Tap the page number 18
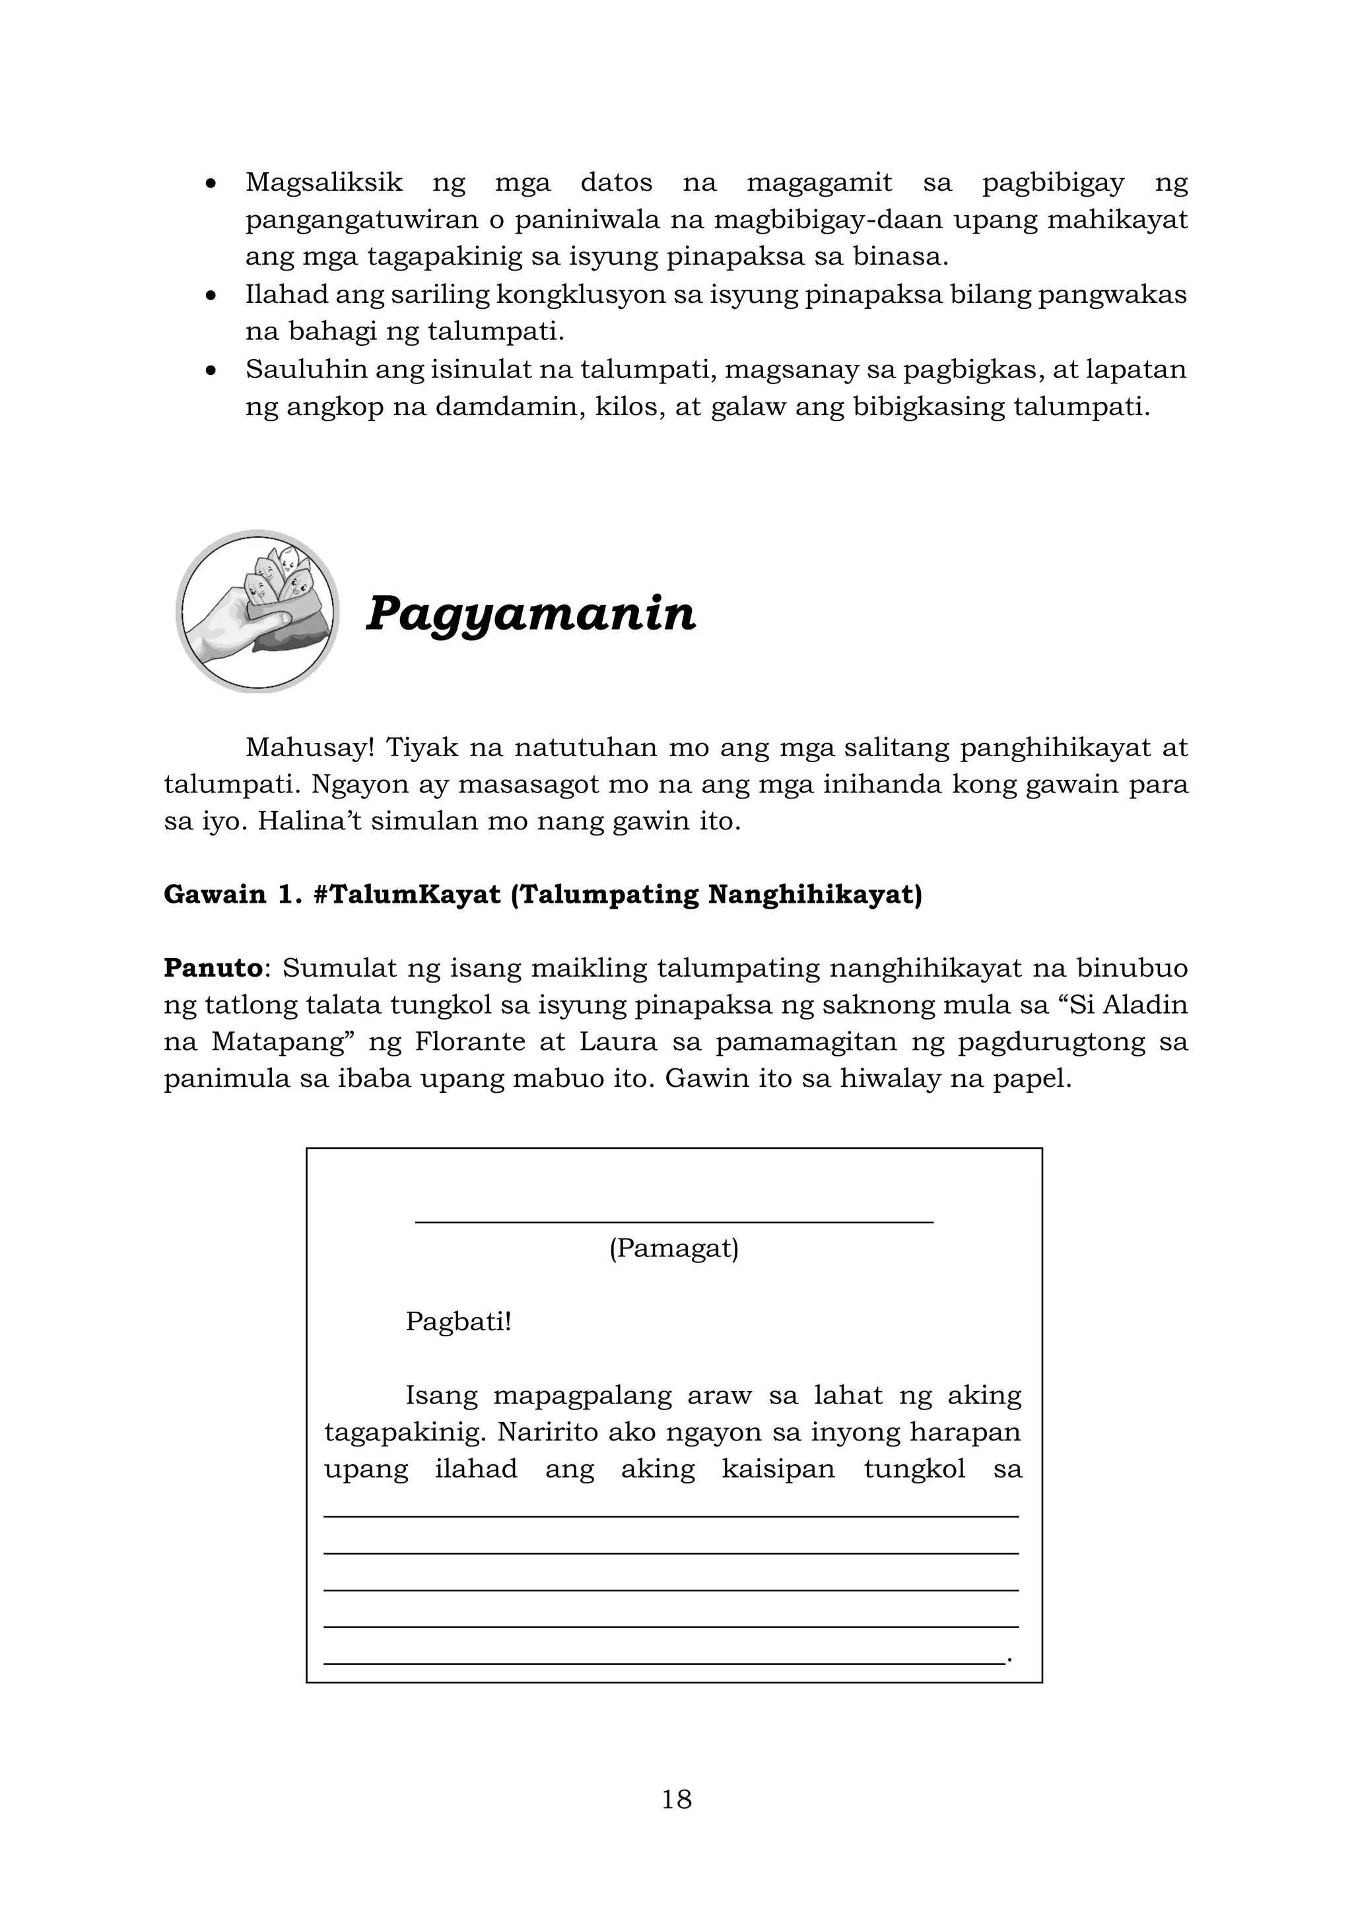coord(676,1799)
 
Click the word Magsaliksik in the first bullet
coord(324,182)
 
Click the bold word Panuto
coord(213,968)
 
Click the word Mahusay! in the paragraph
coord(310,748)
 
